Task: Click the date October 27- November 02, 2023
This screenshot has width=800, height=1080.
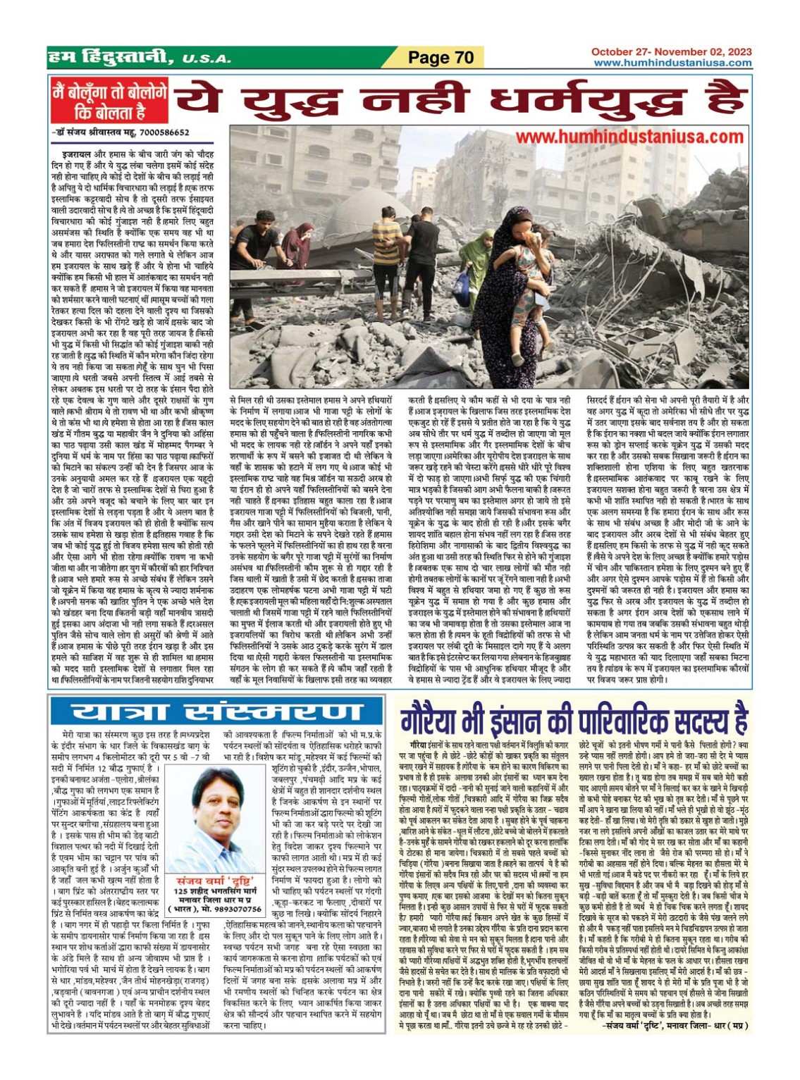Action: [671, 51]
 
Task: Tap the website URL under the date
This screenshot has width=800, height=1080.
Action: [672, 63]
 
